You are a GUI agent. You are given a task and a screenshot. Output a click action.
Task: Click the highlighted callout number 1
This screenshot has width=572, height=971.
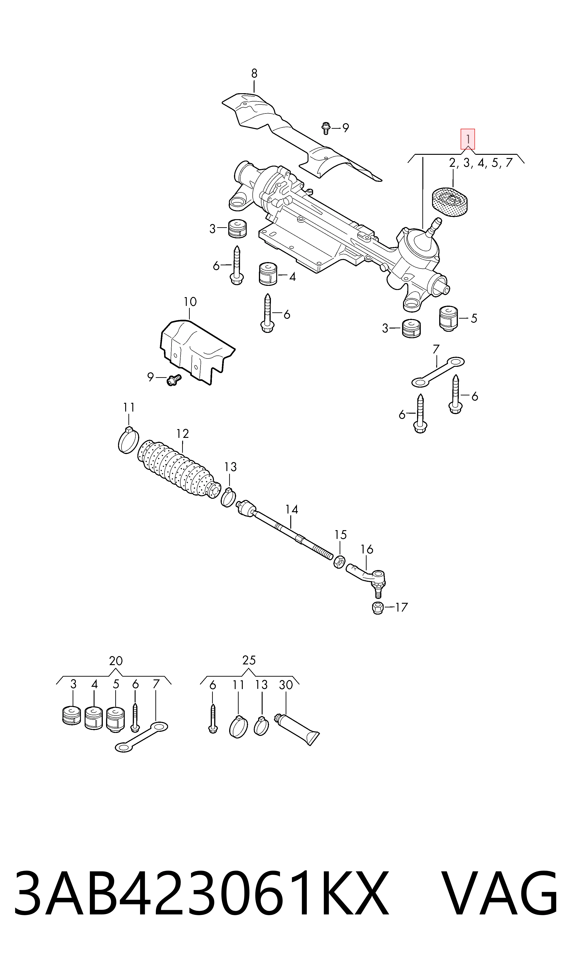pyautogui.click(x=468, y=139)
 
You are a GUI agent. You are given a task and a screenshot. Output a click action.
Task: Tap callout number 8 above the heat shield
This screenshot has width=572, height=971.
pyautogui.click(x=254, y=73)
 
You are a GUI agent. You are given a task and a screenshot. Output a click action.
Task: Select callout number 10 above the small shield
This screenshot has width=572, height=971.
pyautogui.click(x=190, y=302)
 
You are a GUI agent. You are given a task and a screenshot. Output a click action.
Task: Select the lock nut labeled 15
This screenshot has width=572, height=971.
pyautogui.click(x=339, y=562)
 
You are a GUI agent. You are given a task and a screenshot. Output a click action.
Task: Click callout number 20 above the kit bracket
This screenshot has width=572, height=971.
pyautogui.click(x=116, y=661)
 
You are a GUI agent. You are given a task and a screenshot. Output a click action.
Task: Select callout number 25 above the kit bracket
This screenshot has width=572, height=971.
pyautogui.click(x=249, y=660)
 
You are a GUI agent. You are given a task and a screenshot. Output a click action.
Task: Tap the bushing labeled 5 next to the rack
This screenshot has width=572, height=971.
pyautogui.click(x=448, y=318)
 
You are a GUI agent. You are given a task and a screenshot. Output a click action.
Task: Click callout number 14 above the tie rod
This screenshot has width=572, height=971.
pyautogui.click(x=292, y=510)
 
